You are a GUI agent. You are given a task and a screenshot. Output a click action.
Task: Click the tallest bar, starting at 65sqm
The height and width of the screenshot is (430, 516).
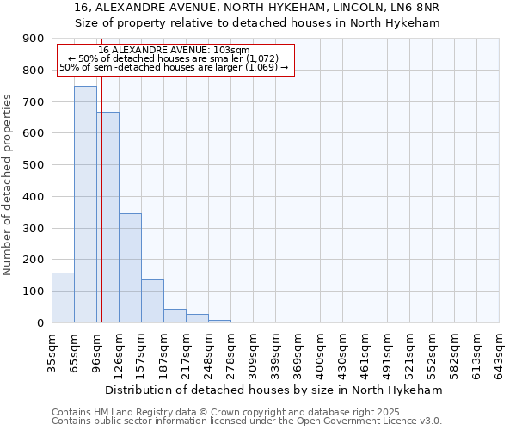[x=85, y=205]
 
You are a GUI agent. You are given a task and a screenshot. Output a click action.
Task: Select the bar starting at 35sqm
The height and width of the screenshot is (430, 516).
[x=63, y=298]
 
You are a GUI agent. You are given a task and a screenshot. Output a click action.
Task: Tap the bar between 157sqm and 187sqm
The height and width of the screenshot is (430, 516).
[x=152, y=301]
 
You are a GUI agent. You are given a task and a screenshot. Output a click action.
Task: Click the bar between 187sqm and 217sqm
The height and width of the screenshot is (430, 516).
[x=175, y=316]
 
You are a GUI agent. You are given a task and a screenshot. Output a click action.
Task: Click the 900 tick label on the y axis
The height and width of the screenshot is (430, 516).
[x=34, y=39]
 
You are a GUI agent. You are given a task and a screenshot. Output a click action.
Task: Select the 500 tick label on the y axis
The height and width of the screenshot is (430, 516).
[x=34, y=165]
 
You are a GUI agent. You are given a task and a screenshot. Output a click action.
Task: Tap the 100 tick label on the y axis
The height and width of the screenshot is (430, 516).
[x=34, y=292]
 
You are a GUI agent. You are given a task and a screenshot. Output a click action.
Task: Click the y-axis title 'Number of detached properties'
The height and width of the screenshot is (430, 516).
[x=9, y=185]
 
